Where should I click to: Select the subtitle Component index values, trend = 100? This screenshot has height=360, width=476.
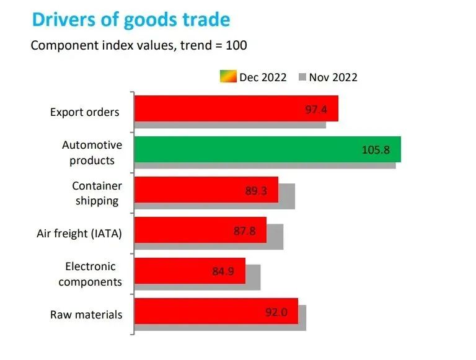[x=139, y=45]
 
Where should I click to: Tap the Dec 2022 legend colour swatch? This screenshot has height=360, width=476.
[x=228, y=77]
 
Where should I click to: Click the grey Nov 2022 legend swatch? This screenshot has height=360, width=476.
[x=302, y=77]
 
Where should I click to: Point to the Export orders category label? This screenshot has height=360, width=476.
[x=85, y=113]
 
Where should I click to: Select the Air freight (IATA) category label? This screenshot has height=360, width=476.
[x=79, y=234]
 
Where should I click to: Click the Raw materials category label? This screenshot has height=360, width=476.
[x=86, y=315]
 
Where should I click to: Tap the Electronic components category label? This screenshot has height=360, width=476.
[x=90, y=274]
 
